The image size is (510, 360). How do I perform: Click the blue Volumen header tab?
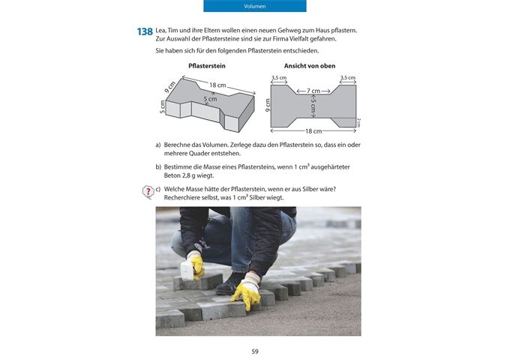(255, 6)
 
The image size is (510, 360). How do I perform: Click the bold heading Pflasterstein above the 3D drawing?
(207, 67)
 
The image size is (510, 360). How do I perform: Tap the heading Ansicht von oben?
(309, 67)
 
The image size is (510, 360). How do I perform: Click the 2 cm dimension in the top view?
(358, 121)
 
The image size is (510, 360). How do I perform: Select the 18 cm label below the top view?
(313, 131)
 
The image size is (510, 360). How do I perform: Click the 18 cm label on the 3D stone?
(217, 85)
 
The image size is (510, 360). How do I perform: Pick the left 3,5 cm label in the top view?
(278, 77)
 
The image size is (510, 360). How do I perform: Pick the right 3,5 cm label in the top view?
(347, 77)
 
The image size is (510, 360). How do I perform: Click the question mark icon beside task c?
(148, 193)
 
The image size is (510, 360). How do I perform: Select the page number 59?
(255, 350)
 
